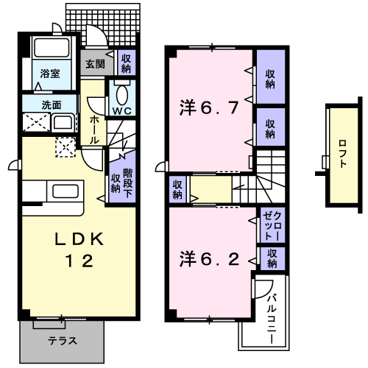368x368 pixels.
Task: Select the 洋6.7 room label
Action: (x=209, y=108)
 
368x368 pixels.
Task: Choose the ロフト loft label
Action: (x=343, y=155)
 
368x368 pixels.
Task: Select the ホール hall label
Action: (x=94, y=129)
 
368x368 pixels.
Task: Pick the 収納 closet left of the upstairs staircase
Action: (x=177, y=189)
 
